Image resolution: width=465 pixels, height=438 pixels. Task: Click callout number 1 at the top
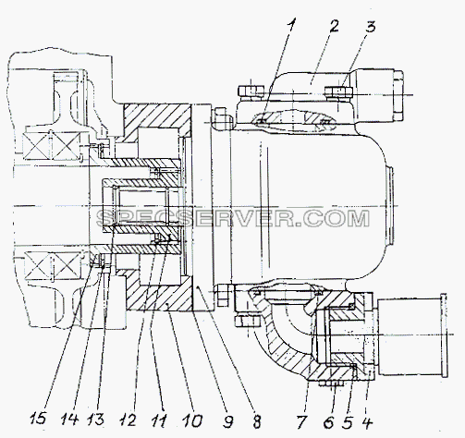pos(292,26)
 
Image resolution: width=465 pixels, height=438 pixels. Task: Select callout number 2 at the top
pos(334,26)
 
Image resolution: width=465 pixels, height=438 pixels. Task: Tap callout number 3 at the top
pos(371,27)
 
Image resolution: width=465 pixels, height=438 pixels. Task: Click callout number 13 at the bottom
pos(95,420)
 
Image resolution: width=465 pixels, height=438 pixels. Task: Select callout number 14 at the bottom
pos(69,420)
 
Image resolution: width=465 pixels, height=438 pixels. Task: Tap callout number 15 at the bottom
pos(38,420)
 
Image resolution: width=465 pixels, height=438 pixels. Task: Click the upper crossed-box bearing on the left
pos(53,143)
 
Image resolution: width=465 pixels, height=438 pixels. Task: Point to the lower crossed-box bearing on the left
pos(53,265)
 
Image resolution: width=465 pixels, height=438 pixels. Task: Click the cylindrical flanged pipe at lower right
pos(411,335)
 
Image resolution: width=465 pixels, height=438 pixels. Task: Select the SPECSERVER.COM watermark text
pos(233,218)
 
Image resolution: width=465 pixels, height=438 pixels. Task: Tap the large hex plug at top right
pos(398,95)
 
